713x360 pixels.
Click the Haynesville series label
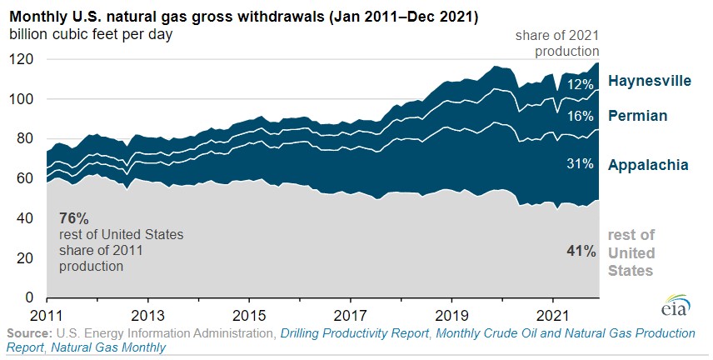[649, 81]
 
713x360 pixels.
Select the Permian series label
[637, 115]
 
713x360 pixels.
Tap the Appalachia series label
[647, 164]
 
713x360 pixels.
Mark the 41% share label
[581, 249]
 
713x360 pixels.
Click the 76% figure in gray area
[73, 218]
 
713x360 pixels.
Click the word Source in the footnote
[29, 332]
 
